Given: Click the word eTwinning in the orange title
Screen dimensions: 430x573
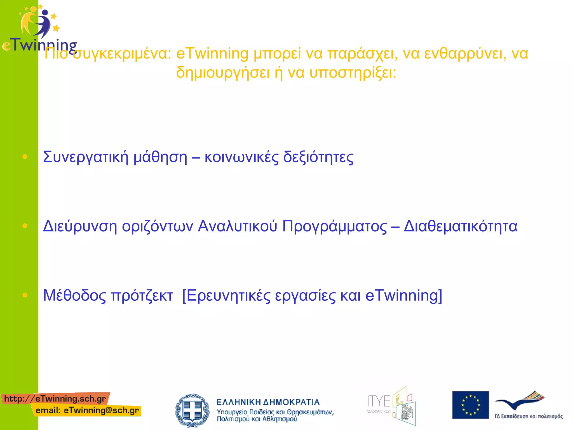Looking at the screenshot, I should pyautogui.click(x=212, y=54).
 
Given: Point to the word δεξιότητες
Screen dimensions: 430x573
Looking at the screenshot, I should pyautogui.click(x=318, y=157).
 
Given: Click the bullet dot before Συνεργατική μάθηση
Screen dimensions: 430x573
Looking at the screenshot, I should pyautogui.click(x=25, y=157).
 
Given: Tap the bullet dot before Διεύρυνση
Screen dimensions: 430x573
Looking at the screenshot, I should pyautogui.click(x=25, y=226).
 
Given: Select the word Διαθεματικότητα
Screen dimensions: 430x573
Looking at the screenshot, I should pyautogui.click(x=461, y=226).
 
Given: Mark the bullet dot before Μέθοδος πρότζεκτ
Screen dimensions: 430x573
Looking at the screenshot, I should pyautogui.click(x=25, y=295).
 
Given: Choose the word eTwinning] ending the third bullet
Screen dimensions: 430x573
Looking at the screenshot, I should pyautogui.click(x=404, y=296).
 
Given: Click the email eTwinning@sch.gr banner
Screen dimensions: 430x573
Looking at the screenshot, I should pyautogui.click(x=87, y=411).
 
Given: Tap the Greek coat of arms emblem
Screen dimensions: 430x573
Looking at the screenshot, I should pyautogui.click(x=192, y=410).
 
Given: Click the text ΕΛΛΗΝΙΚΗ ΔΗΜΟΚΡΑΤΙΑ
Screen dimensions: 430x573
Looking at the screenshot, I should pyautogui.click(x=268, y=402).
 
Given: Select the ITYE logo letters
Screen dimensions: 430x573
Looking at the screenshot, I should pyautogui.click(x=379, y=401).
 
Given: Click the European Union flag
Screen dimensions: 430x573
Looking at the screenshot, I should pyautogui.click(x=470, y=405).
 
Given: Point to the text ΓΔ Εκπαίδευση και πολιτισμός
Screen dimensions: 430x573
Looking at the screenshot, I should pyautogui.click(x=528, y=416).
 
